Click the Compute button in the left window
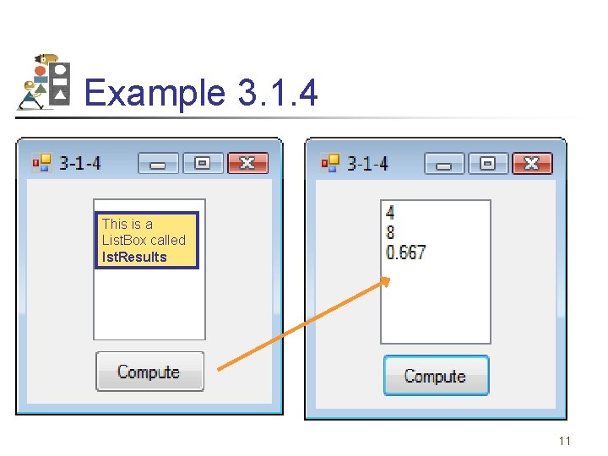[x=149, y=372]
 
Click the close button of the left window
[x=247, y=163]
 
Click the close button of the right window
[x=531, y=163]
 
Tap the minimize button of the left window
[x=158, y=163]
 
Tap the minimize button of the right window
[x=443, y=163]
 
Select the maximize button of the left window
[x=203, y=163]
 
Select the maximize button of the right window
[x=487, y=163]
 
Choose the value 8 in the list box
[x=390, y=232]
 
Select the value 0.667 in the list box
[x=405, y=252]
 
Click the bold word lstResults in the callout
[x=134, y=257]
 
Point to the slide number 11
[x=565, y=441]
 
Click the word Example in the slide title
[x=155, y=93]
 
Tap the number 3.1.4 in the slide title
[x=278, y=93]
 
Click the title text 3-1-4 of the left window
[x=80, y=163]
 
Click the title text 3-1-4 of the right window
[x=367, y=163]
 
